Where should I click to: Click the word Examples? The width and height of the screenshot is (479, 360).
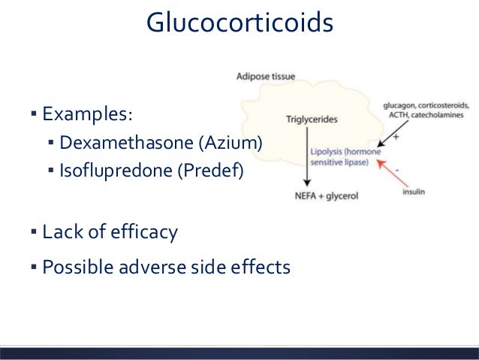[x=86, y=115]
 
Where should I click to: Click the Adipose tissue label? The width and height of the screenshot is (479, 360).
[x=266, y=76]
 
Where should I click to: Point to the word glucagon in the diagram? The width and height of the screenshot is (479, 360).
[x=402, y=106]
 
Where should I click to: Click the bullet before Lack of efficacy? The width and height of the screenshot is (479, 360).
[x=34, y=232]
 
